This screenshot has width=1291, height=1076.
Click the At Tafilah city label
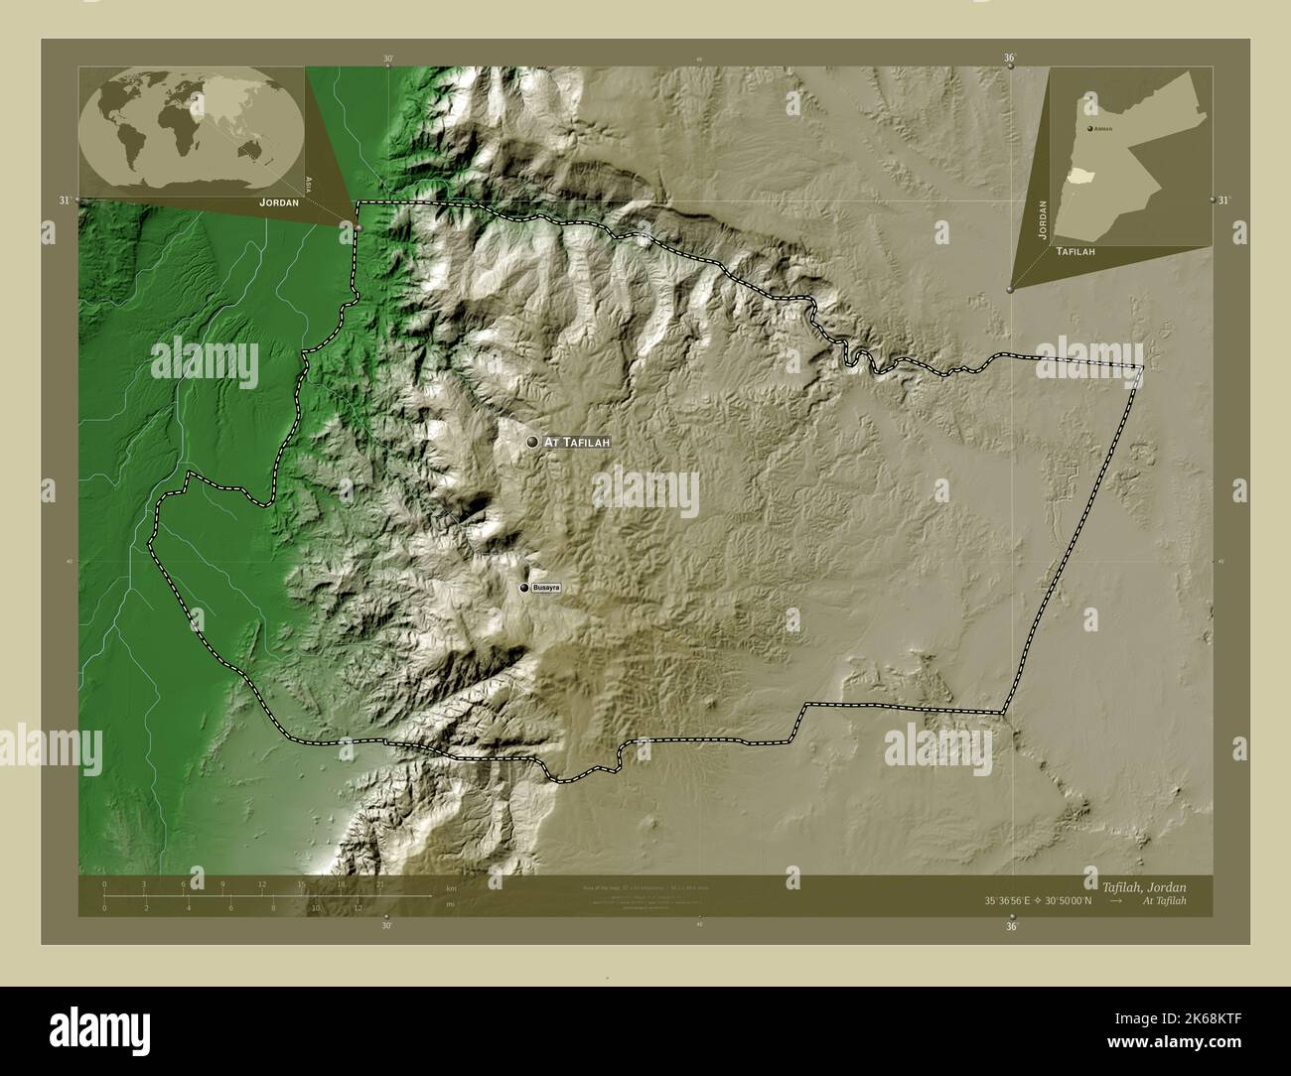pyautogui.click(x=577, y=442)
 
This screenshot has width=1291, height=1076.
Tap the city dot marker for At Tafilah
pyautogui.click(x=533, y=442)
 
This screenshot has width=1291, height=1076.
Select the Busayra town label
pyautogui.click(x=547, y=589)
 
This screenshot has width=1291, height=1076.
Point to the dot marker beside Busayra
pyautogui.click(x=524, y=589)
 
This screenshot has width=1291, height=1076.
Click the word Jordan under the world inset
pyautogui.click(x=278, y=202)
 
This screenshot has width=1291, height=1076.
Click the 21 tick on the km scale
pyautogui.click(x=379, y=883)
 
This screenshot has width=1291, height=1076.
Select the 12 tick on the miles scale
pyautogui.click(x=359, y=907)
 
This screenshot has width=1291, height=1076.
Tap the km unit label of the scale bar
pyautogui.click(x=450, y=887)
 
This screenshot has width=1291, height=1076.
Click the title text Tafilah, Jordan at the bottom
pyautogui.click(x=1142, y=884)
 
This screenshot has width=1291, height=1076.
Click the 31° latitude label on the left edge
pyautogui.click(x=65, y=201)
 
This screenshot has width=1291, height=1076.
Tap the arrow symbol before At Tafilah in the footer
pyautogui.click(x=1116, y=900)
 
